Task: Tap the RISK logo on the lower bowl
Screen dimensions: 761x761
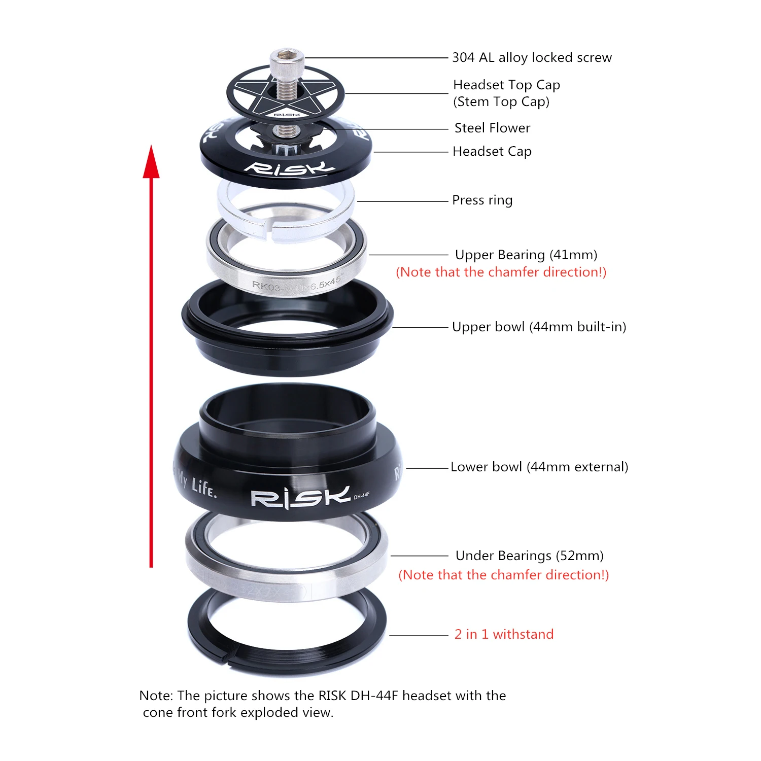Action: click(300, 498)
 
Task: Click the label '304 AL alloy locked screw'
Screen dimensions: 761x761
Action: click(532, 58)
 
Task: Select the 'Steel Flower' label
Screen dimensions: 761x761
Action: click(492, 128)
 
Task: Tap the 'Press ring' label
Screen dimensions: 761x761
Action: click(482, 200)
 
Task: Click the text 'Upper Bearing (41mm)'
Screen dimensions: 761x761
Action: click(526, 255)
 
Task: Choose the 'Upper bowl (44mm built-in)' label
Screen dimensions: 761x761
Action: click(539, 327)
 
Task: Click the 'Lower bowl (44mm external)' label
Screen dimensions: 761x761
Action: click(539, 467)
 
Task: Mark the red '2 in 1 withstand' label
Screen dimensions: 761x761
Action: click(504, 634)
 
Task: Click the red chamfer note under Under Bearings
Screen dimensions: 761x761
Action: click(503, 575)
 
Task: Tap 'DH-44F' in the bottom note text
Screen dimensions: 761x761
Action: click(374, 696)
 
